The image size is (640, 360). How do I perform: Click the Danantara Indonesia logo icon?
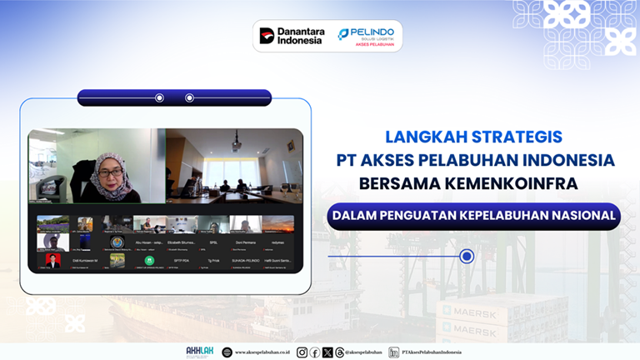click(267, 35)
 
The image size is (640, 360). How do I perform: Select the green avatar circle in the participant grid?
click(149, 260)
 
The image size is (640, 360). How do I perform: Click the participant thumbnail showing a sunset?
click(277, 224)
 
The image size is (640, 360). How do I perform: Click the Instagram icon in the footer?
click(302, 352)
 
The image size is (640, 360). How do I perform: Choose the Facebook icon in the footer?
click(314, 352)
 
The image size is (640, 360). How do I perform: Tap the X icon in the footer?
click(327, 352)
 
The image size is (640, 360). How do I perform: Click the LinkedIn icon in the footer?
click(393, 352)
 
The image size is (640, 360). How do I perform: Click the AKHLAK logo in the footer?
click(199, 352)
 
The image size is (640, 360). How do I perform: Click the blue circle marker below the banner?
click(467, 257)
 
